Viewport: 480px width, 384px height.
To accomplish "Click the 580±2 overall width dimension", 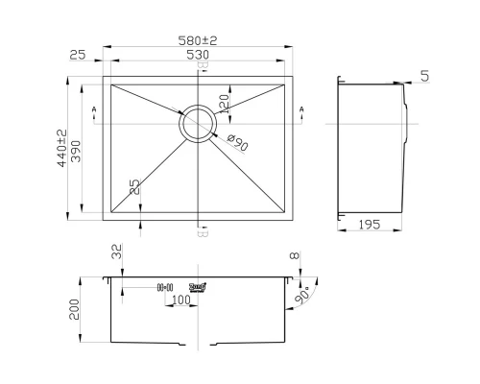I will click(198, 41).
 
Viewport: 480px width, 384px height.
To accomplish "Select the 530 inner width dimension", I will click(198, 56).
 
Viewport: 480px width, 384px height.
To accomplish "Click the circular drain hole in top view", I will click(198, 123).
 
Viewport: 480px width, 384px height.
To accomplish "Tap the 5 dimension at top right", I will click(424, 75).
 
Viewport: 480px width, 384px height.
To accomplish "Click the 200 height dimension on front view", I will click(87, 309).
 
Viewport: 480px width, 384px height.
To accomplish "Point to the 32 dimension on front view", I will click(115, 254).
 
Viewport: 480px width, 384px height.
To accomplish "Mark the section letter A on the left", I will click(93, 111).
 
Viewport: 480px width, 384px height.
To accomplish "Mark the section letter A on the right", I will click(302, 111).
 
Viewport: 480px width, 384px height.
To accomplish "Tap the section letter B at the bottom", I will click(201, 230).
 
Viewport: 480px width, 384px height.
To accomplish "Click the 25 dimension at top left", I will click(78, 56).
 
